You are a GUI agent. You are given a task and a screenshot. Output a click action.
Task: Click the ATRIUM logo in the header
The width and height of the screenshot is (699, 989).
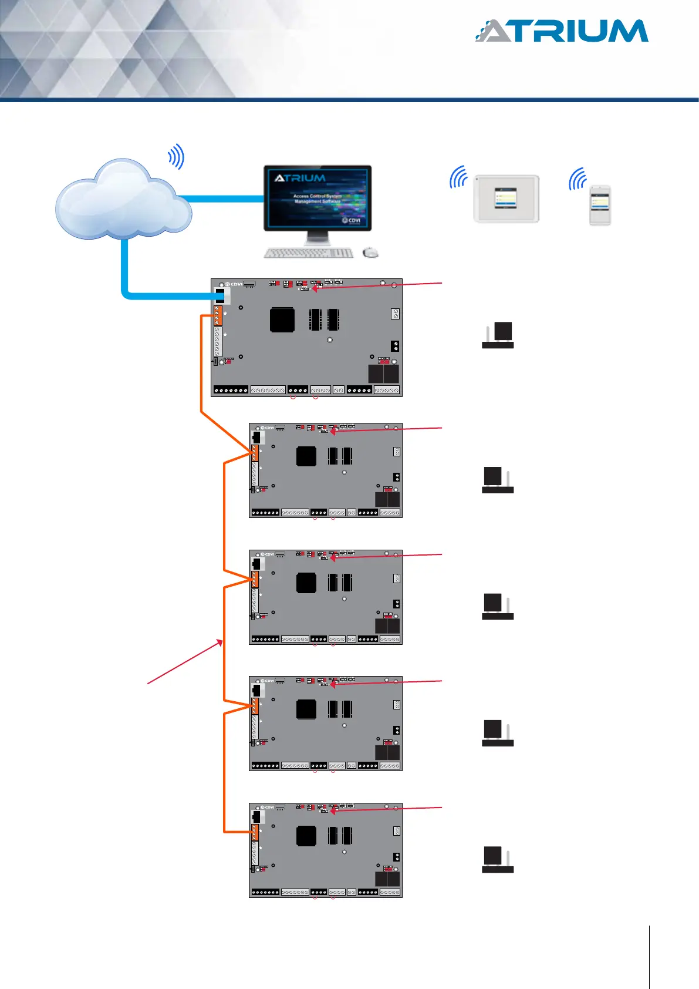tap(562, 31)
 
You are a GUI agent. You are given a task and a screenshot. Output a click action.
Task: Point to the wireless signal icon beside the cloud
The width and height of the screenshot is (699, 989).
tap(177, 157)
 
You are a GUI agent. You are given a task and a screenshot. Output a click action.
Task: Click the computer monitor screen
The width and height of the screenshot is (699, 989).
tap(318, 198)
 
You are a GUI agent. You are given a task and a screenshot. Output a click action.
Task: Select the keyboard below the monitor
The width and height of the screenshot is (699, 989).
tap(309, 253)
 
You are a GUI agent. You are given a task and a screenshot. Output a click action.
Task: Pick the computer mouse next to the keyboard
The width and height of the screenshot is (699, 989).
tap(370, 253)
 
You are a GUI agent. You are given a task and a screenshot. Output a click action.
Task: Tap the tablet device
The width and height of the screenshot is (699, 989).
tap(506, 199)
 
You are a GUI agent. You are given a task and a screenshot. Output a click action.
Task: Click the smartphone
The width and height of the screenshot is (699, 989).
tap(600, 204)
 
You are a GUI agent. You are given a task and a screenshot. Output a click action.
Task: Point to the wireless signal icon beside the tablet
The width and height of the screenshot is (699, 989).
tap(458, 177)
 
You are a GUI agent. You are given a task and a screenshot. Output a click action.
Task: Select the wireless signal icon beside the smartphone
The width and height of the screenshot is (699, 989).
tap(578, 179)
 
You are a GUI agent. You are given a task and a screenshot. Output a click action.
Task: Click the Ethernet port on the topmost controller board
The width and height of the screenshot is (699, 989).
tap(221, 295)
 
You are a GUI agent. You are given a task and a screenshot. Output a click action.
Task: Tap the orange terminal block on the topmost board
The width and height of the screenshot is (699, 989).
tap(218, 315)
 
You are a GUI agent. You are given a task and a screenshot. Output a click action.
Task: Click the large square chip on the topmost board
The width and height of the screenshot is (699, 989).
tap(282, 320)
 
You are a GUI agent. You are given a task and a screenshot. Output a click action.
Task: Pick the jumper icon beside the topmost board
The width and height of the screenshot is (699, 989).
tap(498, 335)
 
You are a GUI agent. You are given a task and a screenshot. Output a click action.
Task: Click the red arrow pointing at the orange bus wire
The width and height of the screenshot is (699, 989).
tap(185, 662)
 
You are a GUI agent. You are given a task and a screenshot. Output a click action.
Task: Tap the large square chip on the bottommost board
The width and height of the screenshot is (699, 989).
tap(306, 836)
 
